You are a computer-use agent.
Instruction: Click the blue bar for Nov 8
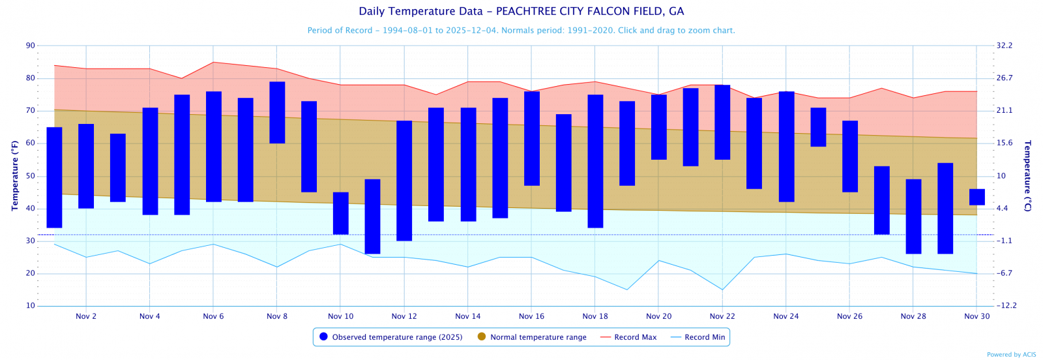277,112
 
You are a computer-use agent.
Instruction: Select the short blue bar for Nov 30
977,197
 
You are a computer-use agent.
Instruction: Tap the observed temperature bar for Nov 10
341,213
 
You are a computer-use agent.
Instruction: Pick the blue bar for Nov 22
722,122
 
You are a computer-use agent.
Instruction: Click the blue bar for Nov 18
595,161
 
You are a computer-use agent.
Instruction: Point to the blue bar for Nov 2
86,166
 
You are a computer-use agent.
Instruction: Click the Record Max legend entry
628,337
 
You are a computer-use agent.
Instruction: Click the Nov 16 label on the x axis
531,316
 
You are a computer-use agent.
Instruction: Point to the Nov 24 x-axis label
786,316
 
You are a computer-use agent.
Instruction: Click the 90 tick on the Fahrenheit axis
31,46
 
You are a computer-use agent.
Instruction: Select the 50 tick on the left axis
31,176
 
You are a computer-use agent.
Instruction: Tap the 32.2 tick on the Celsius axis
1004,46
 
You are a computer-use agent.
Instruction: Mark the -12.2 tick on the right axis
1006,306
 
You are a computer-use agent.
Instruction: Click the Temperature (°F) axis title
15,175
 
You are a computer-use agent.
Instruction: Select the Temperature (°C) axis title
1027,175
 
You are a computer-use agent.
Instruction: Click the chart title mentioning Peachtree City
521,11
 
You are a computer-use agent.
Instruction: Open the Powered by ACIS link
1011,355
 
